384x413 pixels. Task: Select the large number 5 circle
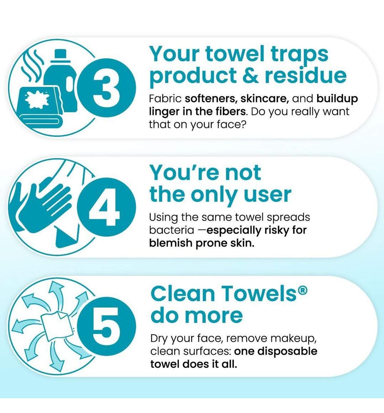(107, 326)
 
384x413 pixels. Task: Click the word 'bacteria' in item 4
(172, 230)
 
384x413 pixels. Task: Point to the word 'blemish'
(171, 243)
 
